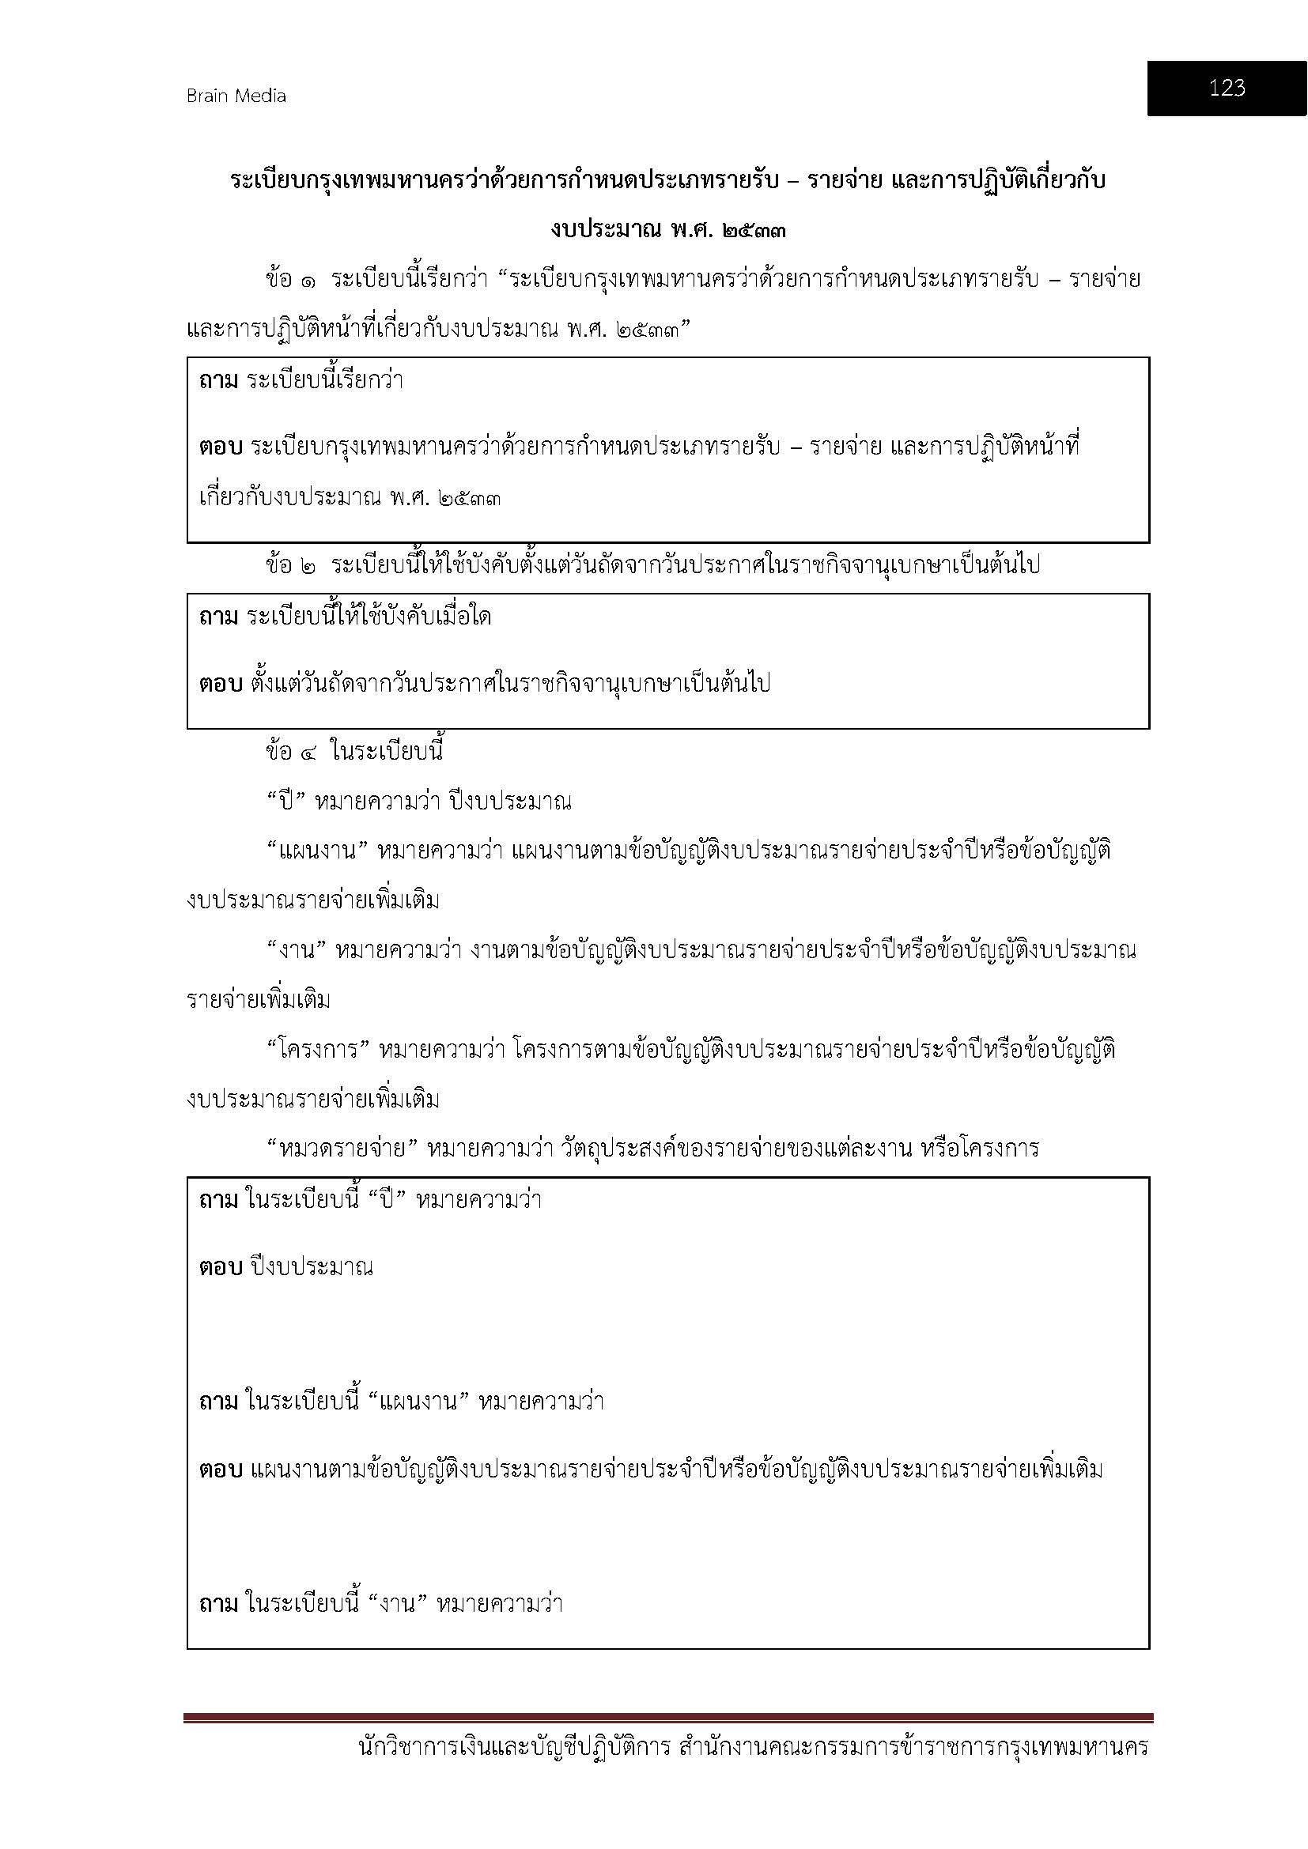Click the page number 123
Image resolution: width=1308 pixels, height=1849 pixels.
pyautogui.click(x=1226, y=88)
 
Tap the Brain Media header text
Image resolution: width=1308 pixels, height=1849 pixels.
pyautogui.click(x=236, y=96)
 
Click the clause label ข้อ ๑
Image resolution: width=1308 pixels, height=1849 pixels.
pyautogui.click(x=290, y=281)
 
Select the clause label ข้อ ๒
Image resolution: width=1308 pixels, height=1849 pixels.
pyautogui.click(x=290, y=565)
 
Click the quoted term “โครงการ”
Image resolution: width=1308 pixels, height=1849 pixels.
pyautogui.click(x=317, y=1050)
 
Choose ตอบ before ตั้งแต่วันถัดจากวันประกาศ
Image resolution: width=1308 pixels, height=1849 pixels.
pyautogui.click(x=220, y=685)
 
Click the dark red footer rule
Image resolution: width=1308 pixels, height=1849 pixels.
pyautogui.click(x=667, y=1718)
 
